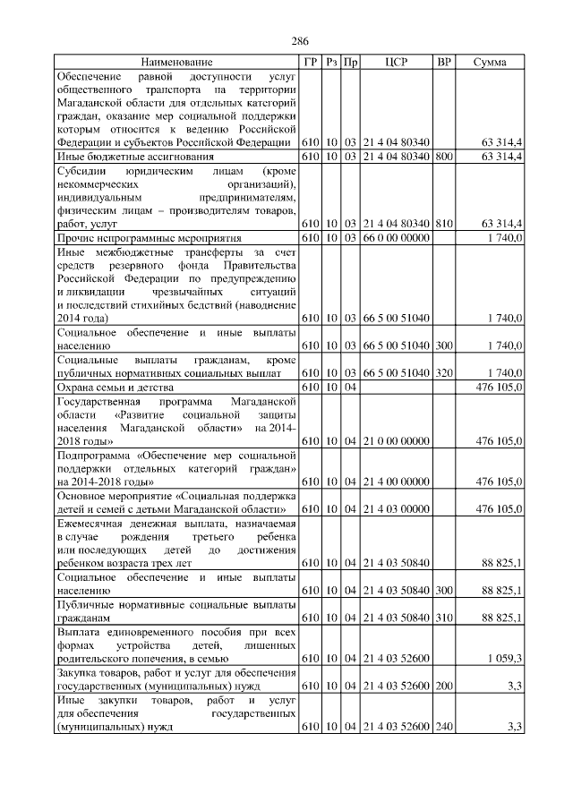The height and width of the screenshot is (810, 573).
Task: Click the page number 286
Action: [x=300, y=41]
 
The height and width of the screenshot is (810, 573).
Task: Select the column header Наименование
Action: [x=176, y=63]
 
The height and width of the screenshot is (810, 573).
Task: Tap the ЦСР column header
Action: [x=397, y=63]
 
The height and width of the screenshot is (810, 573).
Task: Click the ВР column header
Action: [x=443, y=63]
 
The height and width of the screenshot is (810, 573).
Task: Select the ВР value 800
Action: [x=443, y=157]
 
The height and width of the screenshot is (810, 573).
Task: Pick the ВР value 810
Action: [x=443, y=223]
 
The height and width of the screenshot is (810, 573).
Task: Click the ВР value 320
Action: [x=443, y=371]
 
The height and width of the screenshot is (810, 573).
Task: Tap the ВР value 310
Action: [x=443, y=618]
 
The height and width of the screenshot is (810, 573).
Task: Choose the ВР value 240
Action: [x=443, y=728]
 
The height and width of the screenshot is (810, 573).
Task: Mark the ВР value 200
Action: [x=443, y=685]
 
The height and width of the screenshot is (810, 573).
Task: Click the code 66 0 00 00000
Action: [x=397, y=240]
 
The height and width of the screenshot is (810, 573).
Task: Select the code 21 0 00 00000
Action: [x=397, y=440]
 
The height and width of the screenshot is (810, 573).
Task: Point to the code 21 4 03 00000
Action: [x=397, y=508]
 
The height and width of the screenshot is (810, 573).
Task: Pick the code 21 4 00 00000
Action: [x=397, y=482]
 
